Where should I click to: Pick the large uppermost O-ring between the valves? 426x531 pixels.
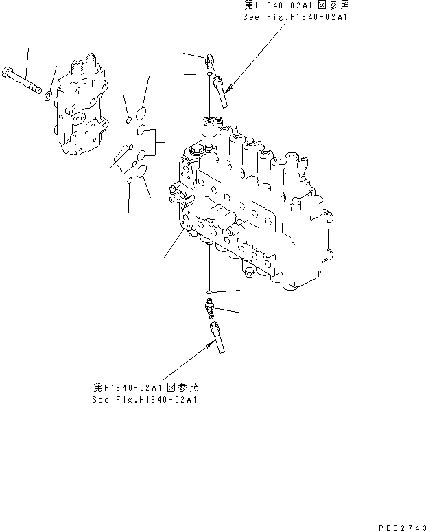(141, 112)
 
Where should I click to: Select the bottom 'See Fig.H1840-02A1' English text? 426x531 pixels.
(144, 399)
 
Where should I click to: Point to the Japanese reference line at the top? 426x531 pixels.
(296, 5)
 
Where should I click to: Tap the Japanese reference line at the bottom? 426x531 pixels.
(145, 387)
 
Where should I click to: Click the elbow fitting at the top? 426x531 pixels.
(210, 63)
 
